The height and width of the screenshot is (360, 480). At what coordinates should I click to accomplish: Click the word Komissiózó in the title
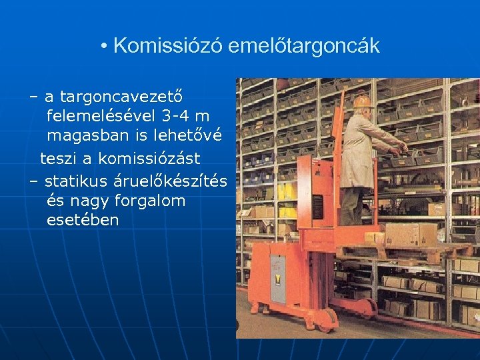(x=168, y=46)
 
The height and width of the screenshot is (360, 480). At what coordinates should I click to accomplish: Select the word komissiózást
(x=149, y=159)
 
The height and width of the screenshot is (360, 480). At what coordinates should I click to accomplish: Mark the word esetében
(x=83, y=220)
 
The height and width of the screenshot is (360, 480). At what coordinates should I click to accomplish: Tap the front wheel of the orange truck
(x=327, y=319)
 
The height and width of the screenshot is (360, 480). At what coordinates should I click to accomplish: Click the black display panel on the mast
(x=317, y=207)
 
